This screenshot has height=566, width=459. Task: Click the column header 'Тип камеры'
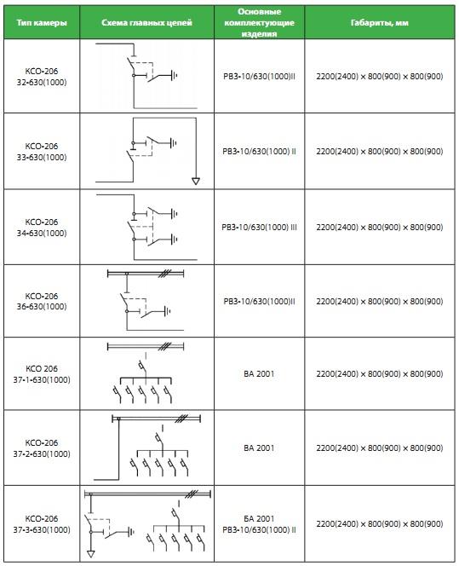pos(42,23)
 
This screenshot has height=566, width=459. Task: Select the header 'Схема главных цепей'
pos(146,23)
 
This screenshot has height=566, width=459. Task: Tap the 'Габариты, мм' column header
pos(379,23)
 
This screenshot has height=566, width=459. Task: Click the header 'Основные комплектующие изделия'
pos(259,22)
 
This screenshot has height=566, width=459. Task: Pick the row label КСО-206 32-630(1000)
pos(42,77)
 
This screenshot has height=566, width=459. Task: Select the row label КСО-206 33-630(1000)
pos(42,152)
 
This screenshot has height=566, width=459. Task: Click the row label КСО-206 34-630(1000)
pos(42,228)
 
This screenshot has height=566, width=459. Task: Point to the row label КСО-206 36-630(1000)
pos(42,301)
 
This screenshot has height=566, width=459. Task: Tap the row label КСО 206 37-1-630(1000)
pos(42,374)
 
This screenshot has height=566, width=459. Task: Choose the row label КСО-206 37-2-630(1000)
pos(42,448)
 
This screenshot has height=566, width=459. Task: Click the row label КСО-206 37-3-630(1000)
pos(42,524)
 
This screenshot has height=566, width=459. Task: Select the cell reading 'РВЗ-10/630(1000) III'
pos(259,228)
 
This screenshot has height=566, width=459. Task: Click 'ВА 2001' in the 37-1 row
pos(259,374)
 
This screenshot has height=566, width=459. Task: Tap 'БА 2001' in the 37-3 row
pos(259,519)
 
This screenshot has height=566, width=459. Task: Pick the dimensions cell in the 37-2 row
pos(379,448)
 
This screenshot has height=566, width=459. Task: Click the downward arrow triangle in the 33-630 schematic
pos(196,181)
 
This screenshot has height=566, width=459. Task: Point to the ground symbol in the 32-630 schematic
pos(175,76)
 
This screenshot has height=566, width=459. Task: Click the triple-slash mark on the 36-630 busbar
pos(164,274)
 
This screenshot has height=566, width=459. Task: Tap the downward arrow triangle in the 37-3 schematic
pos(91,553)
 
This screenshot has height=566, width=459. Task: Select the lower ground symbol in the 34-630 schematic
pos(175,239)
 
